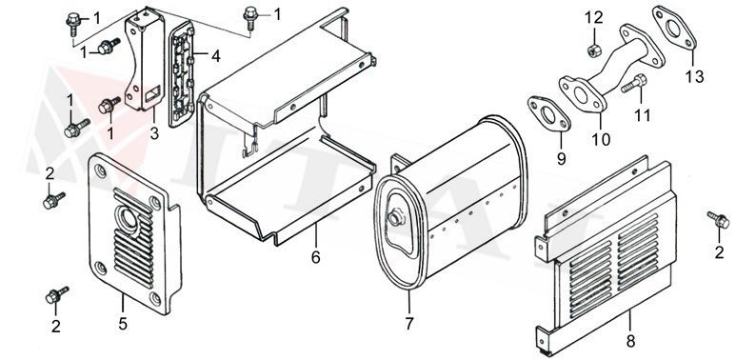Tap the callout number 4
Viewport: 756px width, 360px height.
tap(216, 56)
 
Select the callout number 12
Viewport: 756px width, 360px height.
tap(593, 16)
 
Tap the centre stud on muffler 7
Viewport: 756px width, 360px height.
tap(392, 220)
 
